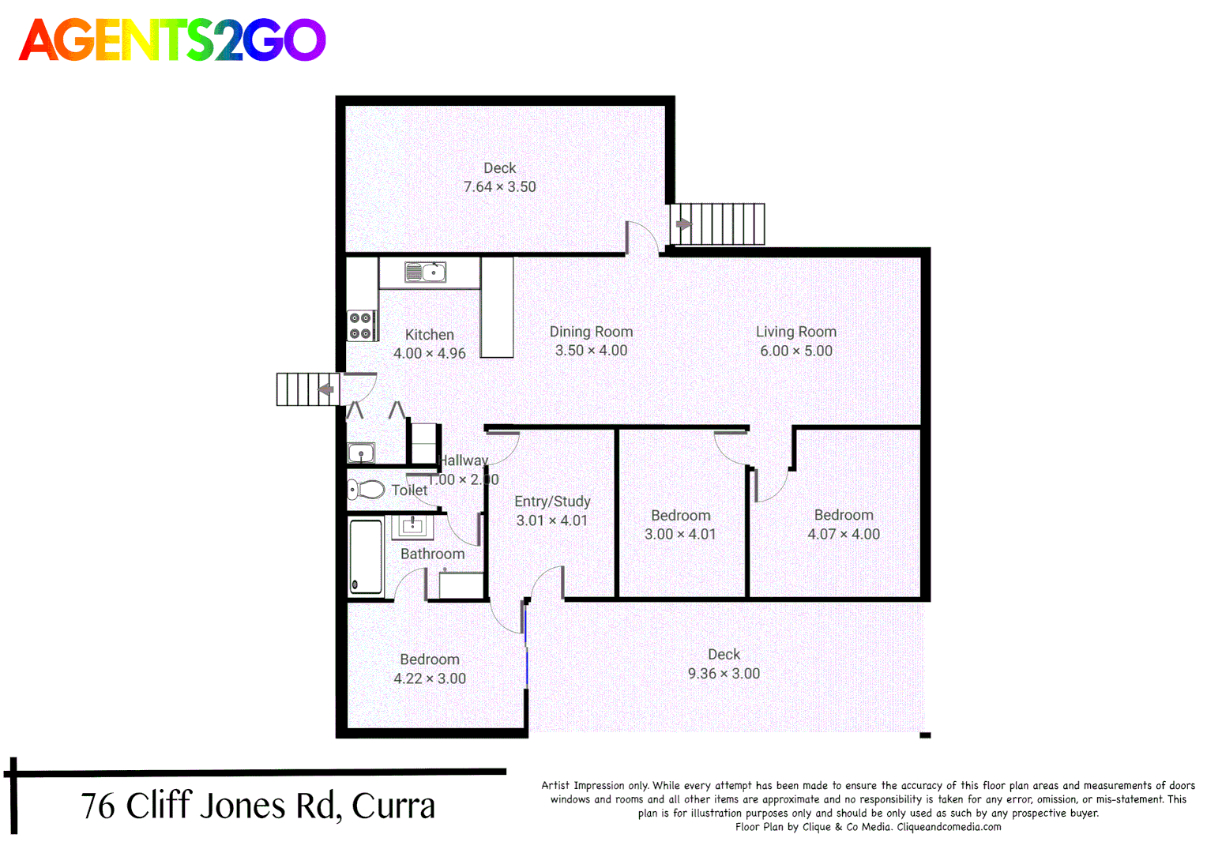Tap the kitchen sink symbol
coord(425,272)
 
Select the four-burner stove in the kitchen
coord(361,325)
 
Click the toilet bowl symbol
coord(366,490)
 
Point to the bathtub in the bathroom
coord(366,556)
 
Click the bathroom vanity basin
coord(412,525)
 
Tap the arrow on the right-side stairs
coord(683,224)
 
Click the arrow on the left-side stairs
coord(325,389)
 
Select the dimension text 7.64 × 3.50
coord(499,187)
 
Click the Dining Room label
coord(591,332)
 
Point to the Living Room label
coord(795,332)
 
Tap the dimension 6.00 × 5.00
coord(795,351)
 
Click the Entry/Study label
coord(552,502)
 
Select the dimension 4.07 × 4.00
coord(843,534)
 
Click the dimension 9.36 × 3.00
coord(724,674)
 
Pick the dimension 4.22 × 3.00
coord(430,678)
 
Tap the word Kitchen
coord(429,335)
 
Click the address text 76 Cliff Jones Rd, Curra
coord(258,806)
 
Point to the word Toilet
coord(409,490)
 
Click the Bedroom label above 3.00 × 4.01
coord(680,515)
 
